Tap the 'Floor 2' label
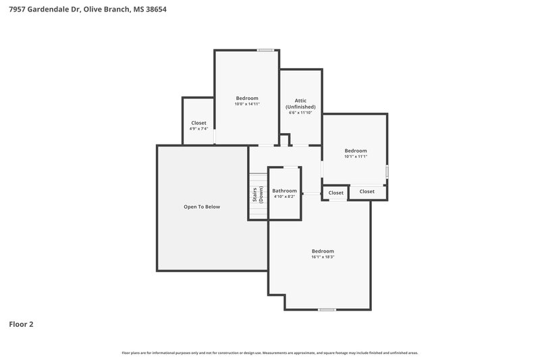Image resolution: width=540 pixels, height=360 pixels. pos(21,324)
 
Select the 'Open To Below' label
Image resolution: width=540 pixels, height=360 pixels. pos(202,207)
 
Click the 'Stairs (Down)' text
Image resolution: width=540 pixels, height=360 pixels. pos(258,195)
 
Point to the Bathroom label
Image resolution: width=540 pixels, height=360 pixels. pos(284,190)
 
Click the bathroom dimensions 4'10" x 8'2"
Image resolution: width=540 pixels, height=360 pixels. pos(284,197)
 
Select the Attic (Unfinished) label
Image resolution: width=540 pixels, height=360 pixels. pos(300,104)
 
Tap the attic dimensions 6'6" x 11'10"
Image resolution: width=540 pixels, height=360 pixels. pos(300,113)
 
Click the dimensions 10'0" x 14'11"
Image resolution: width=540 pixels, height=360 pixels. pos(247,104)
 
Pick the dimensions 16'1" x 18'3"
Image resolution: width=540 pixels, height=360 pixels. pos(323,257)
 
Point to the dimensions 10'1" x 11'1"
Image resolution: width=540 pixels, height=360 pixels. pos(356,157)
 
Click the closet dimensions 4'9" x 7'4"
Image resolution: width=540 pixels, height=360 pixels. pos(198,129)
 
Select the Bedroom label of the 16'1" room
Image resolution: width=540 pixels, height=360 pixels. pos(323,251)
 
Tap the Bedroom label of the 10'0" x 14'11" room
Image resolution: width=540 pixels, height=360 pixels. pos(247,98)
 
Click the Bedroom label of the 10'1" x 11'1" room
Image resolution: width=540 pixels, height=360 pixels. pos(356,151)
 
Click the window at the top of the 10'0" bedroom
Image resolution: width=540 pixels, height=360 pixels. pos(266,50)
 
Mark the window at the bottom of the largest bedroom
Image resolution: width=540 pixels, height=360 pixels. pos(327,309)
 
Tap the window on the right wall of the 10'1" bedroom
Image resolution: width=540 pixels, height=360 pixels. pos(387,172)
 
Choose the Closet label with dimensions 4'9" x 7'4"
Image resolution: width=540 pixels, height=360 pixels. pos(198,123)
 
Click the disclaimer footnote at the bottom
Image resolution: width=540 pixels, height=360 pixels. pos(270,353)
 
